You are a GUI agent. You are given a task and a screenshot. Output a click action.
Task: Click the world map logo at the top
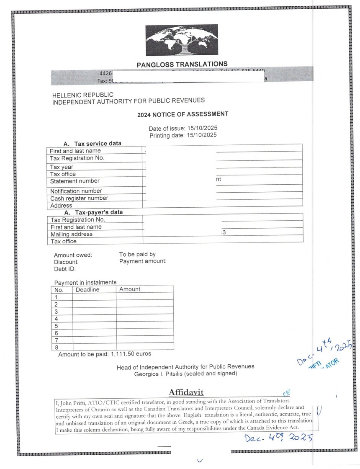pos(182,40)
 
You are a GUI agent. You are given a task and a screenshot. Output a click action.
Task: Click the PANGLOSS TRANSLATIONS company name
pos(182,64)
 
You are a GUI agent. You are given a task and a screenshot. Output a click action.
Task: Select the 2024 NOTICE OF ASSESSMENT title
pos(183,114)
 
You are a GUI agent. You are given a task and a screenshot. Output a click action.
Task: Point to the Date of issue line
pos(183,128)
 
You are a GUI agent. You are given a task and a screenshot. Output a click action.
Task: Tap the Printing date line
pos(183,135)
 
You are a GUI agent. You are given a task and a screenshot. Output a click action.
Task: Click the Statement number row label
pos(75,181)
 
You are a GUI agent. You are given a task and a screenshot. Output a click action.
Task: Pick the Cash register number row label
pos(79,198)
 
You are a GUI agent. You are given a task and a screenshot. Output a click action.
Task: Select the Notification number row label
pos(76,191)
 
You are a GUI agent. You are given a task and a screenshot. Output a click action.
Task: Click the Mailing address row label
pos(71,234)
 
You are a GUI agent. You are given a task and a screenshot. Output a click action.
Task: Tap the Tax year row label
pos(62,167)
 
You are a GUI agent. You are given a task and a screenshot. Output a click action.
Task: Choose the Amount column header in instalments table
pos(130,289)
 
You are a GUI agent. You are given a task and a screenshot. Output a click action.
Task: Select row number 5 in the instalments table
pos(56,326)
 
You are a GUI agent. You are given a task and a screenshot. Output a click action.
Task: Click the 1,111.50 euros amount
pos(131,354)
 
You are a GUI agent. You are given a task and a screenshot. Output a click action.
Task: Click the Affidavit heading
pos(186,392)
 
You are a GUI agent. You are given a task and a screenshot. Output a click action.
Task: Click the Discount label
pos(66,262)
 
